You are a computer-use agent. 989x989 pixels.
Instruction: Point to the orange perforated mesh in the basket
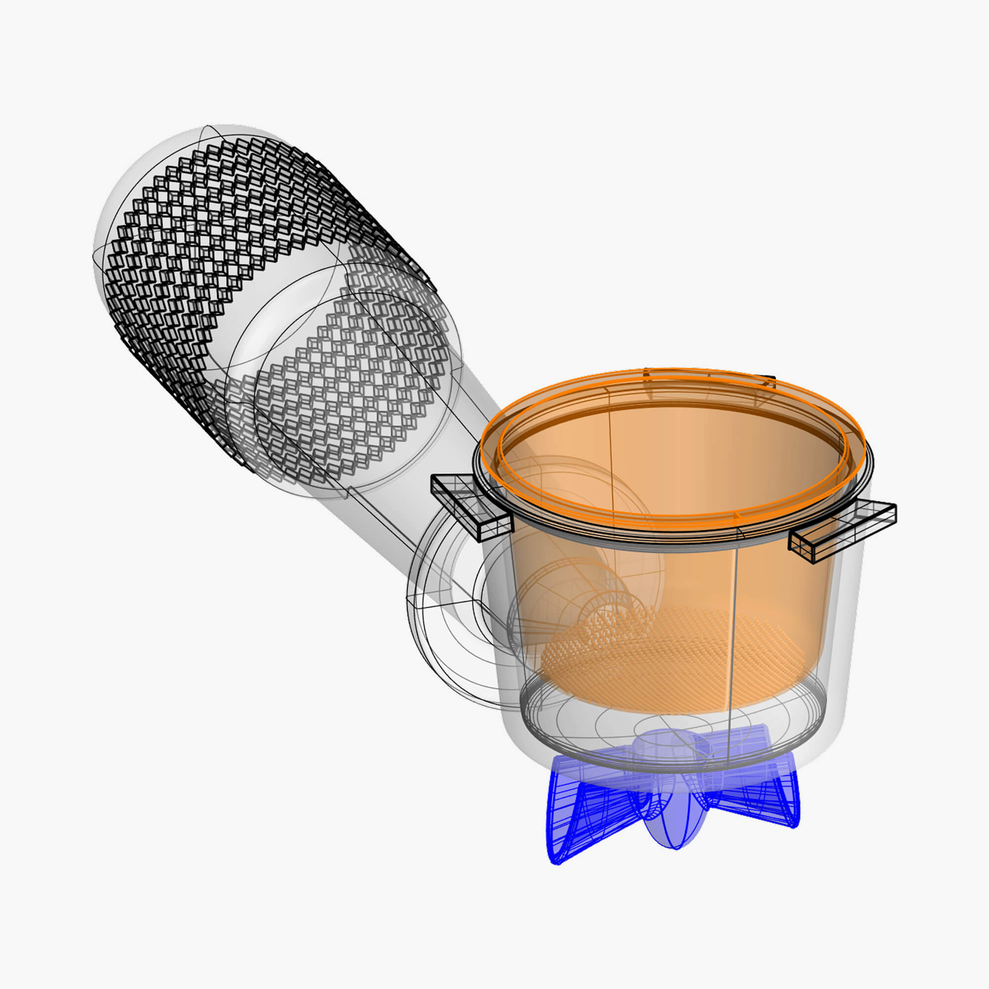point(666,660)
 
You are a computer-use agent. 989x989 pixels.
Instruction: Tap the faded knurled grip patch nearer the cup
point(353,389)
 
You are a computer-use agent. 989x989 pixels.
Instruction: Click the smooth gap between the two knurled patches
point(276,328)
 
